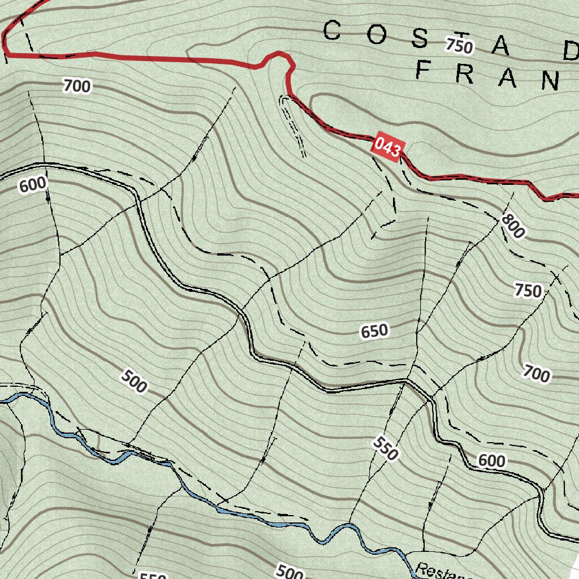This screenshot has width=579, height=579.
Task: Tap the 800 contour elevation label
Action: point(513,226)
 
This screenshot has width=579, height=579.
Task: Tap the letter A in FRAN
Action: point(507,79)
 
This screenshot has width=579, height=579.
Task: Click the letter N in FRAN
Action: point(550,82)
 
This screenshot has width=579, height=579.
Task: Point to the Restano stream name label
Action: point(444,572)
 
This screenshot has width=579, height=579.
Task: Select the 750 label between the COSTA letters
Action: point(458,45)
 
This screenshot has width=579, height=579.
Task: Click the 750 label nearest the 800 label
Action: point(528,291)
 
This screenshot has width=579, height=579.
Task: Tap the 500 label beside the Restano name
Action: point(289,573)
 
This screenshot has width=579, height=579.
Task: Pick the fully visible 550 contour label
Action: point(386,448)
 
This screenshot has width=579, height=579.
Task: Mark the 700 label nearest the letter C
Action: point(76,87)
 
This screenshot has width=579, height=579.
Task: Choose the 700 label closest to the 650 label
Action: point(535,374)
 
